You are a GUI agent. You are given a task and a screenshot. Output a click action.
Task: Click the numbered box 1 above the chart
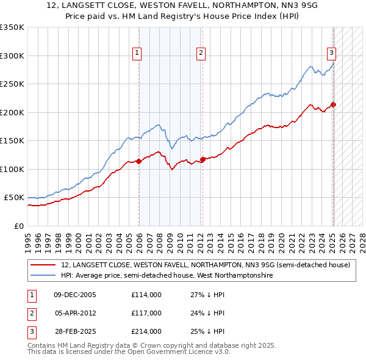point(137,54)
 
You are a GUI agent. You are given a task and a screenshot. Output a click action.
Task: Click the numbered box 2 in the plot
point(201,54)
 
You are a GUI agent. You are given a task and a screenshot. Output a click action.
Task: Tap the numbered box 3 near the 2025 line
point(331,54)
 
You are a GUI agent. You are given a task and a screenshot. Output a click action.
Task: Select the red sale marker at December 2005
point(138,162)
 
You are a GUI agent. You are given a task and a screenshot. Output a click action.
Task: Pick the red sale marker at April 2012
point(203,160)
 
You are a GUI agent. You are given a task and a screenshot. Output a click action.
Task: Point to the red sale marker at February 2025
point(334,104)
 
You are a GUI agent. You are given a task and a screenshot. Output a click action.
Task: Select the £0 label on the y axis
point(18,226)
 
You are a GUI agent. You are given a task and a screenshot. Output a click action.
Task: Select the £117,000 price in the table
point(146,313)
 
